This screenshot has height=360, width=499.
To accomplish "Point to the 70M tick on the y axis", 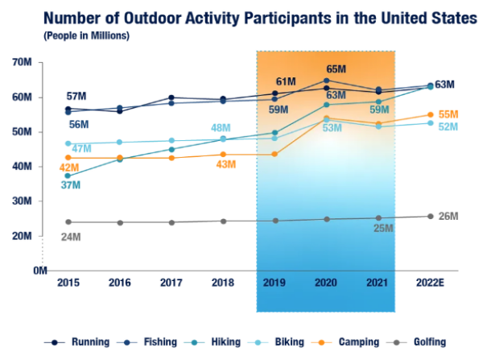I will [22, 62].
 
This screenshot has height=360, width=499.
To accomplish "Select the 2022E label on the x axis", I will [431, 282].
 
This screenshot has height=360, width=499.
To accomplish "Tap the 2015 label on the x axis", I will [68, 282].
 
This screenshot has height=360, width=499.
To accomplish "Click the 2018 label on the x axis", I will [223, 282].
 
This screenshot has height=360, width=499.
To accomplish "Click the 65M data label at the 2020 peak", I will [336, 69].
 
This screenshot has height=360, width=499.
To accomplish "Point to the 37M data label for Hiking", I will [71, 185].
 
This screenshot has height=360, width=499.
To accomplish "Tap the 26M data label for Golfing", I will [447, 216].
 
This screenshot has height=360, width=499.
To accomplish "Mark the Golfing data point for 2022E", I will [430, 216].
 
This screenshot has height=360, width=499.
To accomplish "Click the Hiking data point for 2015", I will [68, 176].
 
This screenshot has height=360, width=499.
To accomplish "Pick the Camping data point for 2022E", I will [430, 115].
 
